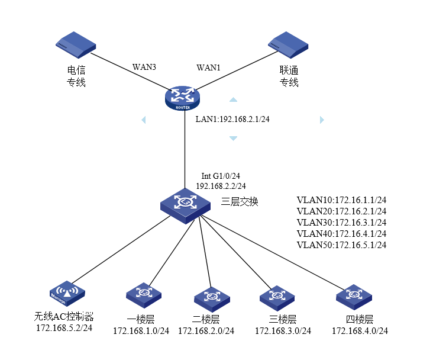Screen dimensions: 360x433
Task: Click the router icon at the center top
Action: [182, 97]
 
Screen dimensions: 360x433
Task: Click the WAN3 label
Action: [144, 67]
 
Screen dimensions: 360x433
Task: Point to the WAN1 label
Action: [208, 67]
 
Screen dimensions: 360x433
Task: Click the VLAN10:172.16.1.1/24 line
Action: [341, 200]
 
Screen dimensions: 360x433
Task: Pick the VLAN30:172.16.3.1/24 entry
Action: [341, 222]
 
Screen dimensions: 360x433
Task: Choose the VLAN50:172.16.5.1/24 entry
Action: [341, 245]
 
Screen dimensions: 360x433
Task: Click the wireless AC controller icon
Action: [67, 292]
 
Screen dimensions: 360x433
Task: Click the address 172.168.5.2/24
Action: [64, 327]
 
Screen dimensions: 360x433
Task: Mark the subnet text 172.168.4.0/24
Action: [360, 330]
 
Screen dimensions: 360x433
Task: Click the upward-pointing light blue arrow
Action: [234, 100]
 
